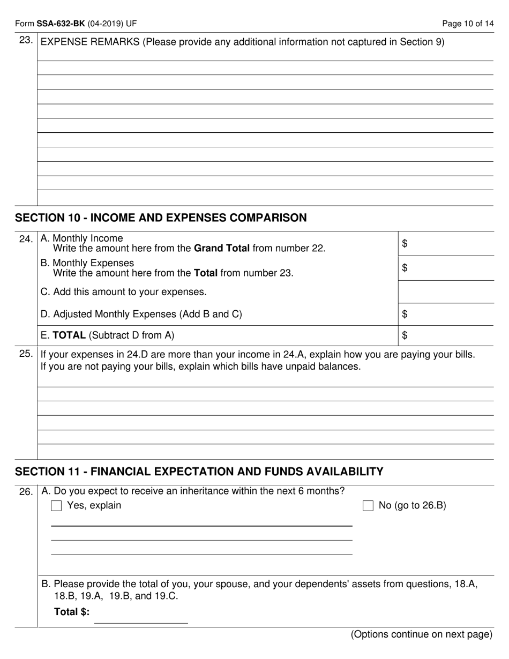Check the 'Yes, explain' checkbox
point(56,506)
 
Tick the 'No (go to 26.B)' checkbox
point(368,506)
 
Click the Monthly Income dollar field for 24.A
point(448,244)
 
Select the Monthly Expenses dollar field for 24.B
point(448,268)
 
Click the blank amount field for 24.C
point(446,292)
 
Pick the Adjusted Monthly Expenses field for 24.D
point(448,314)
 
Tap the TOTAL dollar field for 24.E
point(448,336)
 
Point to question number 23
point(26,41)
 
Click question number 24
point(26,239)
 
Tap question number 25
point(26,355)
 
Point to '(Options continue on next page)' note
point(421,635)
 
